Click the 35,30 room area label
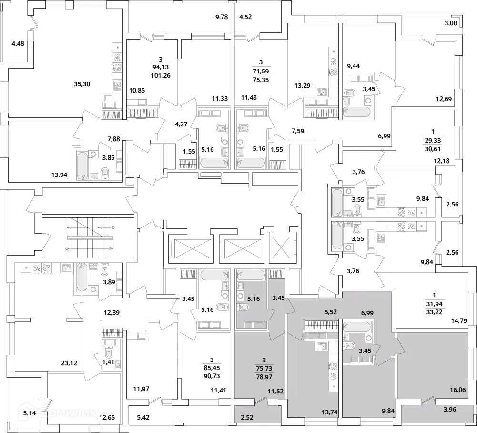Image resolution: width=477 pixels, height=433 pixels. (82, 84)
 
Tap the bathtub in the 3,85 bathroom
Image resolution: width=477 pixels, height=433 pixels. (83, 165)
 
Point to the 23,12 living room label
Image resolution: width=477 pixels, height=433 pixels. (69, 363)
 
